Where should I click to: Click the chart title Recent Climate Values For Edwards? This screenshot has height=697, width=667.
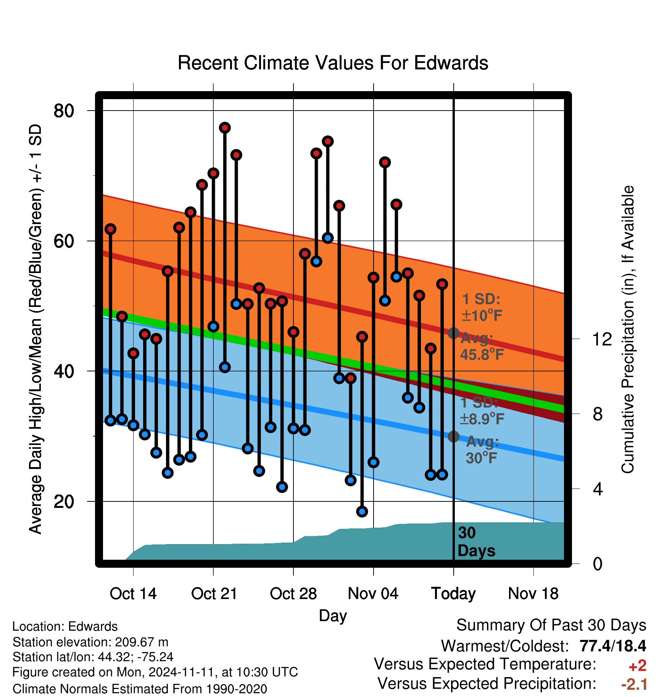point(333,63)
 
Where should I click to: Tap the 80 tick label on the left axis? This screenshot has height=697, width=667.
point(64,111)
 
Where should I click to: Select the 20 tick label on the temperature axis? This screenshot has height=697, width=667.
point(64,501)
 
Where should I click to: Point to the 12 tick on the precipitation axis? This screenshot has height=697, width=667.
point(602,339)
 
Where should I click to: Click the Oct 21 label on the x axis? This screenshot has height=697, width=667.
point(214,594)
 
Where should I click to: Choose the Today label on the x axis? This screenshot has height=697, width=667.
point(453,594)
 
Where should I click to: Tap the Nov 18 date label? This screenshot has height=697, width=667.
point(533,594)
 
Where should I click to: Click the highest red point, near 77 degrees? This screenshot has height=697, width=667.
point(225,128)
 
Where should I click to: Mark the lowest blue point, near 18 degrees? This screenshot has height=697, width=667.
point(362,511)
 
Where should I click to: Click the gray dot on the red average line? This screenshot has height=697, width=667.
point(453,333)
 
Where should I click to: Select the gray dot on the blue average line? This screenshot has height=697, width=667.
point(453,436)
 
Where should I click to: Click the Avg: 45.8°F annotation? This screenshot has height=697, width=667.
point(482,347)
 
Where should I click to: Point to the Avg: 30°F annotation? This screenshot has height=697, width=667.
point(482,450)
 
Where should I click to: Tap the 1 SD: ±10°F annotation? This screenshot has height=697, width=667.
point(482,307)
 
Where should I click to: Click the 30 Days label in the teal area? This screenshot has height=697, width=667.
point(476,542)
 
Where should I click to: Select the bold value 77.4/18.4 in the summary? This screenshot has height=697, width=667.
point(613,646)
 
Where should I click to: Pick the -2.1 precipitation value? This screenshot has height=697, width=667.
point(634,684)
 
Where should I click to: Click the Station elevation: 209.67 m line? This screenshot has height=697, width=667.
point(90,642)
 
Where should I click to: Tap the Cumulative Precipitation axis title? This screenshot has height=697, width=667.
point(628,329)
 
